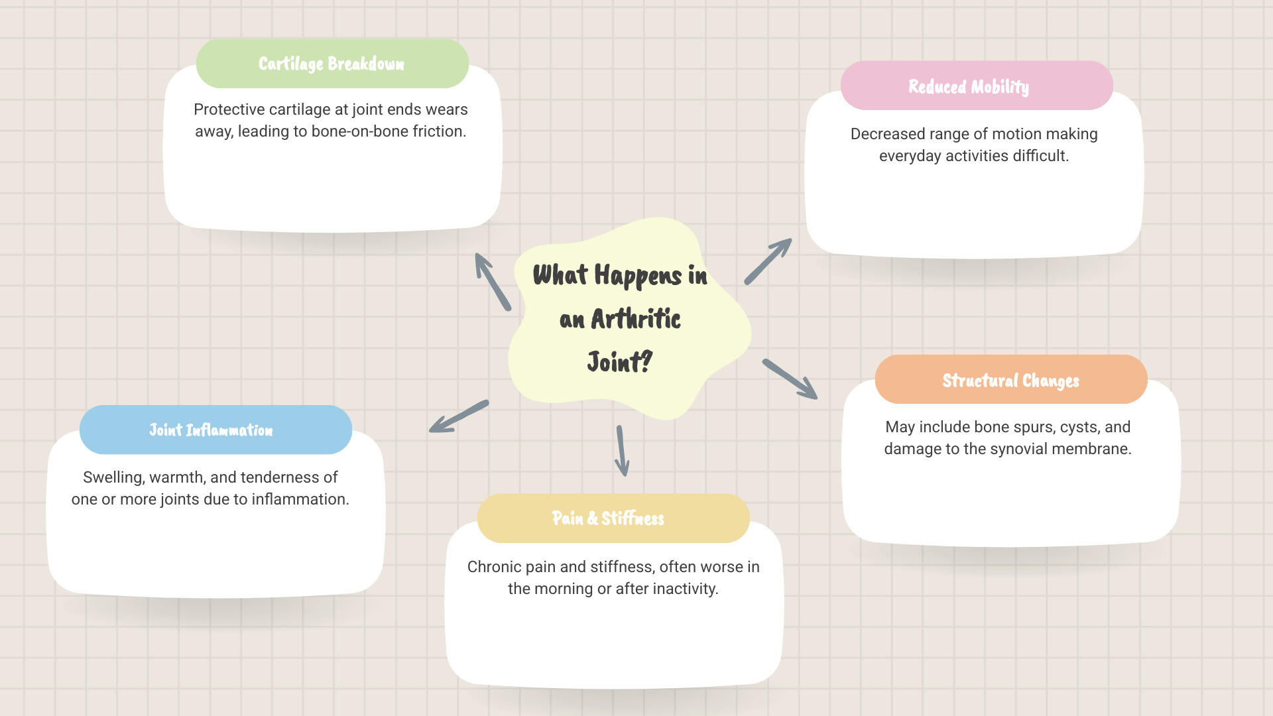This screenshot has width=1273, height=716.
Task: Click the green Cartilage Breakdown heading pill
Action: coord(332,64)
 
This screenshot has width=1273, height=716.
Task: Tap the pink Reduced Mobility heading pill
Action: coord(976,86)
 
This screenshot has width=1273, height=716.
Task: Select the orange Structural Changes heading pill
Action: coord(1010,380)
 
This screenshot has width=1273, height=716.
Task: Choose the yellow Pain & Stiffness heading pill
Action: coord(613,518)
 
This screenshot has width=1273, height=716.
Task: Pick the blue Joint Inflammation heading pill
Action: coord(215,430)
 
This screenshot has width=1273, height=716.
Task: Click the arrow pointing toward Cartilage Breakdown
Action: coord(493,282)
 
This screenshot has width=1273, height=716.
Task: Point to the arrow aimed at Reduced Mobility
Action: coord(768,261)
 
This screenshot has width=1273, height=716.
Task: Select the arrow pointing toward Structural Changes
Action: coord(790,379)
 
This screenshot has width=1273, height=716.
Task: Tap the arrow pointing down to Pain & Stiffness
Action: coord(621,451)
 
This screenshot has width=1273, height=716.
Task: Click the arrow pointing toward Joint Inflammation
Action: coord(459,416)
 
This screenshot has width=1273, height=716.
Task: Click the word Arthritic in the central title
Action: coord(636,319)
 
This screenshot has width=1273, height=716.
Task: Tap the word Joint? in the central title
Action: coord(620,363)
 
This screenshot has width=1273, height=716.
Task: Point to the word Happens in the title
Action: coord(637,275)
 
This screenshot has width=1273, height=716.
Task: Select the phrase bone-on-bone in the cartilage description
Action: coord(360,131)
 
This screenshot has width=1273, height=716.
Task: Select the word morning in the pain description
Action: coord(574,589)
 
